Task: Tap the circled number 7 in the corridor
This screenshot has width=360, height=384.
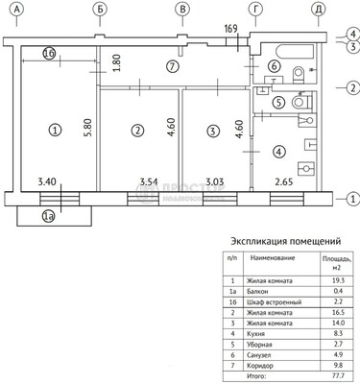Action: tap(171, 67)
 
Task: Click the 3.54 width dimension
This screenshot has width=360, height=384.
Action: tap(149, 180)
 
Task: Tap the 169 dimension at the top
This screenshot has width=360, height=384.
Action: tap(229, 29)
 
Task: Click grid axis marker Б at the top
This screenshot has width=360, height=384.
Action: tap(101, 10)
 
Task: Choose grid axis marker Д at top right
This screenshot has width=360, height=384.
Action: tap(317, 10)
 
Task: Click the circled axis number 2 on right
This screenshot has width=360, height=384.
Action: tap(352, 88)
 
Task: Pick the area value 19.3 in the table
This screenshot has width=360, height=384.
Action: tap(331, 279)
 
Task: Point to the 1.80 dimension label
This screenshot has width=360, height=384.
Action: tap(117, 62)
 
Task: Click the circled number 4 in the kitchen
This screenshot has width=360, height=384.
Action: tap(278, 151)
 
